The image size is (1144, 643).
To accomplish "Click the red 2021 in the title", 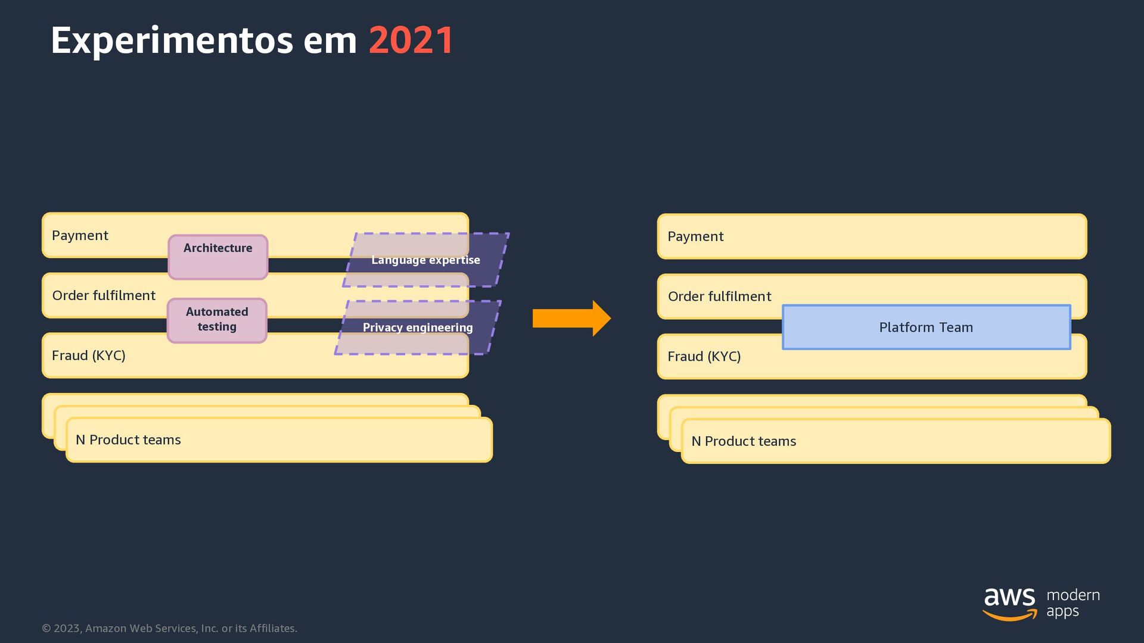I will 411,41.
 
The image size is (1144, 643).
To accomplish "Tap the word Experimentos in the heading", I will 172,41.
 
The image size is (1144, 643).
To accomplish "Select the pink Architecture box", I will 218,257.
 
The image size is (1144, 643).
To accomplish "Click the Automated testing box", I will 217,320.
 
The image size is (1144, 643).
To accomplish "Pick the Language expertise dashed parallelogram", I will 425,260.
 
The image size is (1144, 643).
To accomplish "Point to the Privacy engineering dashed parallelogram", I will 418,327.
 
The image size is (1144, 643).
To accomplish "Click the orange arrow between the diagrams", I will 571,319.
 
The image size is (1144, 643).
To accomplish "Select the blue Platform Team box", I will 926,327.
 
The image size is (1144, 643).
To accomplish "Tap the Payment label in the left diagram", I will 80,235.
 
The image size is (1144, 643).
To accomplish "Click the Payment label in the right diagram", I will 695,236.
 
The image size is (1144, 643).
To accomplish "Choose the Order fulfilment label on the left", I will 104,295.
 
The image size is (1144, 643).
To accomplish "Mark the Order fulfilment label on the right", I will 719,296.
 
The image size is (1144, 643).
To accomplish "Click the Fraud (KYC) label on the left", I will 88,355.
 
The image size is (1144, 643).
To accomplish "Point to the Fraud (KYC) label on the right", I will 704,357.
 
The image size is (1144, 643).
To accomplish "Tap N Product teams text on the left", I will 128,440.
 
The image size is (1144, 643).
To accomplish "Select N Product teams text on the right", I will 744,441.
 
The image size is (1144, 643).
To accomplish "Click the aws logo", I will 1009,603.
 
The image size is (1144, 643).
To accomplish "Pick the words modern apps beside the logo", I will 1072,603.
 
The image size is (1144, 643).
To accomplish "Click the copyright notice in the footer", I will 169,628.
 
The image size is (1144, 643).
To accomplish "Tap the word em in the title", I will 329,41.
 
